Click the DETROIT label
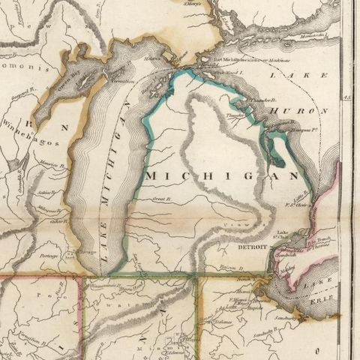(x=252, y=247)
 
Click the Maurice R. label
(x=49, y=163)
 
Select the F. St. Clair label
(x=298, y=203)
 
